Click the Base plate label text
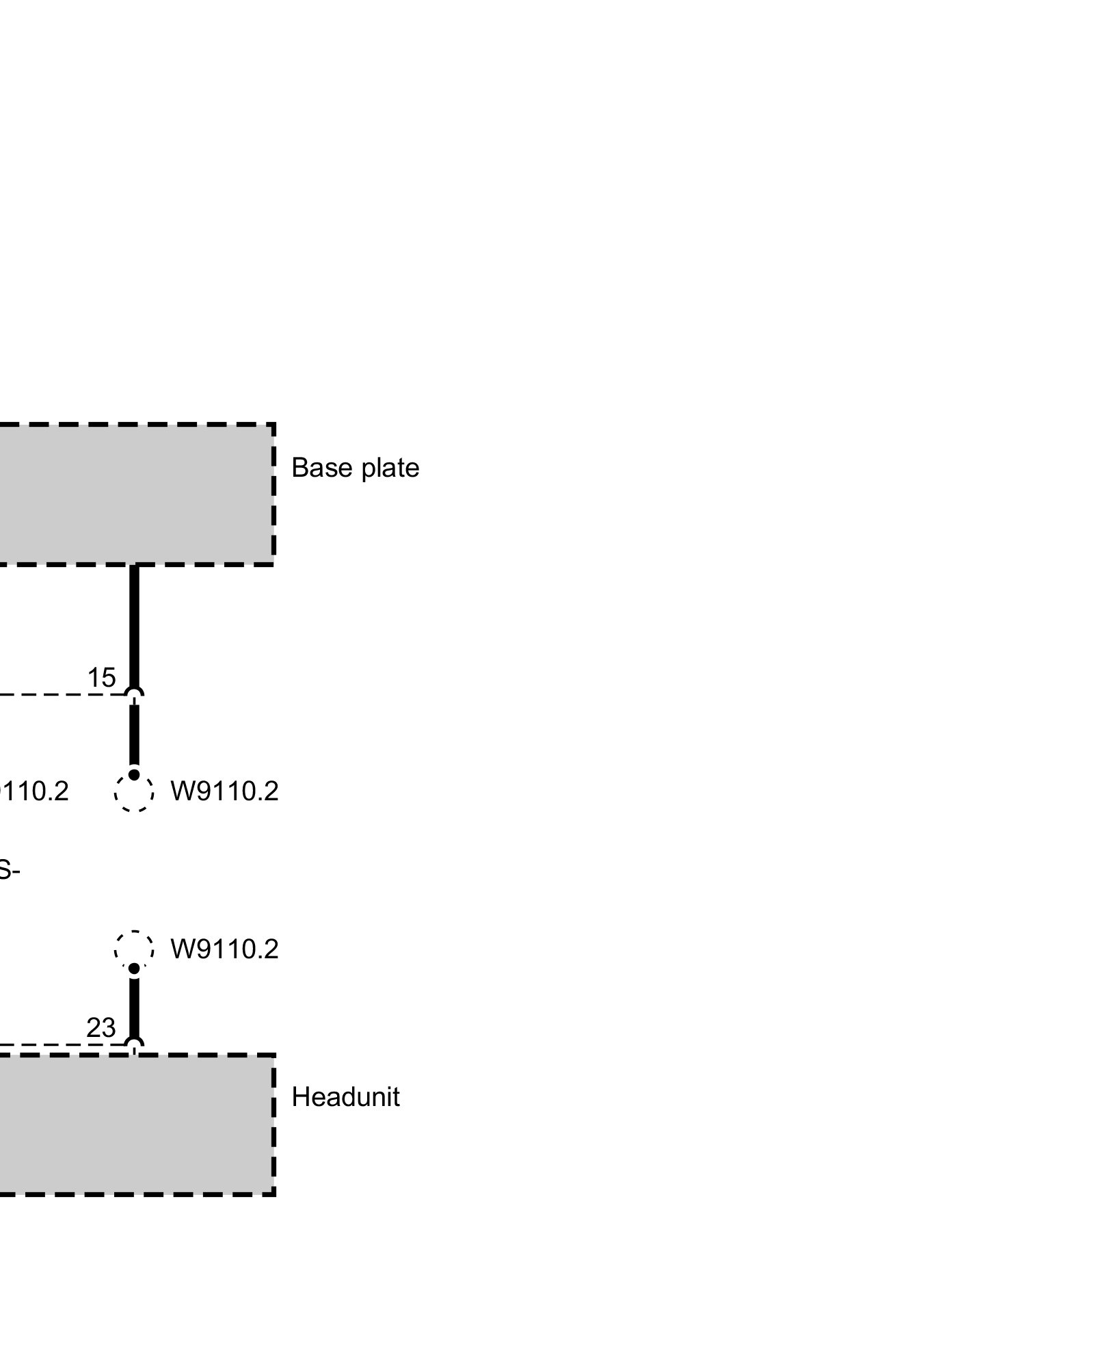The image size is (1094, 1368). [355, 468]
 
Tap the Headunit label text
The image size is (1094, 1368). [345, 1097]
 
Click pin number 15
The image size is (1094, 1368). [101, 678]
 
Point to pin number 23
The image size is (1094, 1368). [101, 1028]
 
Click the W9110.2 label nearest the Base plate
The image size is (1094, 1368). [224, 791]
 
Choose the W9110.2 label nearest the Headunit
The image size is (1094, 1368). [224, 949]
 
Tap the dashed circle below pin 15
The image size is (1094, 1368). [134, 793]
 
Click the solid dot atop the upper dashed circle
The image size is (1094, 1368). [134, 775]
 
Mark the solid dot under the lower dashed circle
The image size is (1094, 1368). [134, 969]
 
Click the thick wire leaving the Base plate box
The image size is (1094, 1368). [134, 622]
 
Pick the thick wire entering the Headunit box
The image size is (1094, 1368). [134, 1005]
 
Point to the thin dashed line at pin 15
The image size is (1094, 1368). [55, 695]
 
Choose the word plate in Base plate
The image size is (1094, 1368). [390, 468]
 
